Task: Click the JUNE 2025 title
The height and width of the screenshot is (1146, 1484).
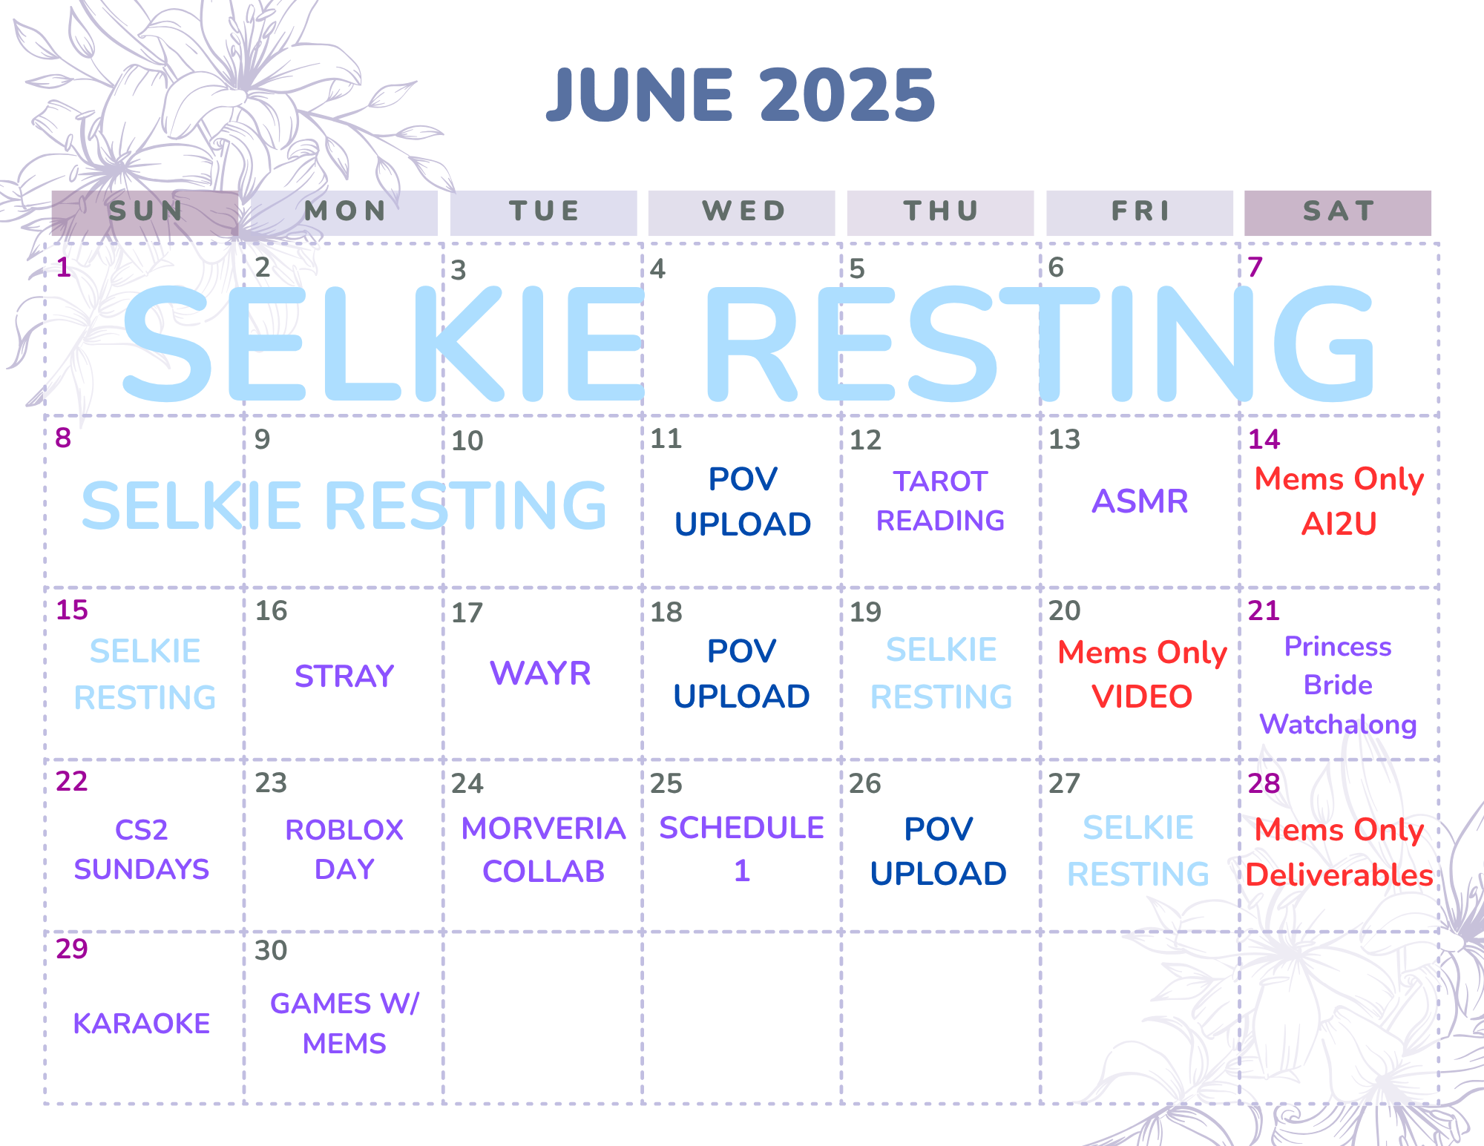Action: pyautogui.click(x=741, y=95)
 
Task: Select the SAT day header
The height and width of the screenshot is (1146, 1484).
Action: pyautogui.click(x=1338, y=212)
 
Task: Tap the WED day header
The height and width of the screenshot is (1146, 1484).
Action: pyautogui.click(x=742, y=212)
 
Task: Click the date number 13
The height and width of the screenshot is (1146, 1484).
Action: pyautogui.click(x=1064, y=440)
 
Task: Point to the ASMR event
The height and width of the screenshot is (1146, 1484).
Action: pyautogui.click(x=1140, y=501)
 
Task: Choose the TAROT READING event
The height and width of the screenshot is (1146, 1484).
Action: pyautogui.click(x=940, y=501)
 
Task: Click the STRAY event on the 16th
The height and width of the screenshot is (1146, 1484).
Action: pyautogui.click(x=344, y=676)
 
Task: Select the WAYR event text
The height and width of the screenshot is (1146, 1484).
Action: pyautogui.click(x=540, y=674)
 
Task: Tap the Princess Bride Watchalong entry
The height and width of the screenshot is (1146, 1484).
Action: pyautogui.click(x=1338, y=685)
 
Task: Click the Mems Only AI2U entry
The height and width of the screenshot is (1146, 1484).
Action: pyautogui.click(x=1339, y=501)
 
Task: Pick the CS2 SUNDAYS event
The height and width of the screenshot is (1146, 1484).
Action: pyautogui.click(x=141, y=849)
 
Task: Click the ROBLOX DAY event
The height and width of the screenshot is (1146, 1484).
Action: pyautogui.click(x=344, y=849)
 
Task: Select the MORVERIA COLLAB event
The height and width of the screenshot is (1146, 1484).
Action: pyautogui.click(x=543, y=850)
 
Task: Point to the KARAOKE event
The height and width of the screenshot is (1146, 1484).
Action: pyautogui.click(x=141, y=1024)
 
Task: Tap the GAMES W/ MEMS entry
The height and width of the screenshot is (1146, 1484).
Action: pyautogui.click(x=344, y=1024)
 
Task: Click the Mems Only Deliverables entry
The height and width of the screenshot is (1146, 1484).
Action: pyautogui.click(x=1339, y=852)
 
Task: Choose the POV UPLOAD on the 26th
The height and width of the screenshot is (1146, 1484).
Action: pyautogui.click(x=938, y=852)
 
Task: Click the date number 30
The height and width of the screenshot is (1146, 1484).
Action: pyautogui.click(x=271, y=950)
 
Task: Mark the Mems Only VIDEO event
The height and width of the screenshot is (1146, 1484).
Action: pyautogui.click(x=1142, y=674)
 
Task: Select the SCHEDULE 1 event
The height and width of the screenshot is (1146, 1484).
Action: pyautogui.click(x=741, y=849)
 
